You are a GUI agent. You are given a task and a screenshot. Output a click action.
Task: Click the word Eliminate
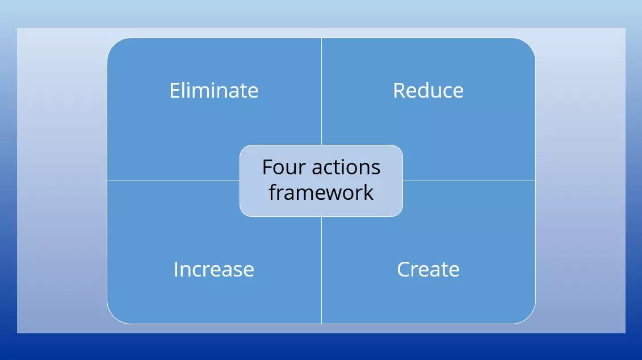click(x=213, y=91)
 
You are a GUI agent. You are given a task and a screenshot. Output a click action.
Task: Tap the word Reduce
click(x=428, y=91)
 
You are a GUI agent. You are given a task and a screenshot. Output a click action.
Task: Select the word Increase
click(x=213, y=269)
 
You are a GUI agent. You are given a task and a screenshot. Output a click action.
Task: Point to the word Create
click(x=428, y=269)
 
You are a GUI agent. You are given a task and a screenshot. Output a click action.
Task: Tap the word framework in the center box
click(x=321, y=192)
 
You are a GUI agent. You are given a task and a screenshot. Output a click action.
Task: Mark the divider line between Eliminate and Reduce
click(x=321, y=91)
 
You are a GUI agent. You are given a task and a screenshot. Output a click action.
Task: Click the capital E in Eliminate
click(x=175, y=91)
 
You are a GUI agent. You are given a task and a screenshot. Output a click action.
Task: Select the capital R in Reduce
click(x=398, y=91)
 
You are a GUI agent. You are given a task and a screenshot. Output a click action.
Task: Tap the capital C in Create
click(x=404, y=269)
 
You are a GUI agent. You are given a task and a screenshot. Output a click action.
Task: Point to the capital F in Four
click(x=267, y=168)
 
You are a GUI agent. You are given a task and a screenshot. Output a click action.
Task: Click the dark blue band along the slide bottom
click(x=321, y=347)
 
